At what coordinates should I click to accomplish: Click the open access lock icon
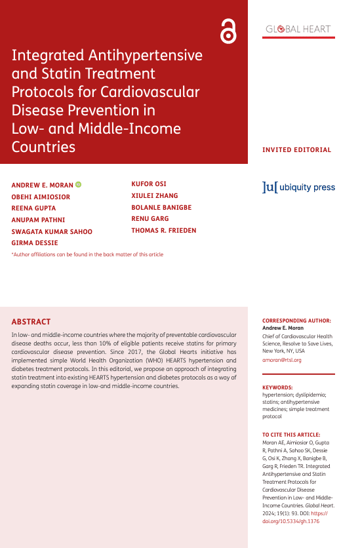tap(228, 30)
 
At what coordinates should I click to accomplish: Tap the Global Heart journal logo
tap(298, 29)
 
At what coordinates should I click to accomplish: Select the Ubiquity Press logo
tap(298, 187)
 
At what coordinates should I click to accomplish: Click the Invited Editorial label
tap(297, 149)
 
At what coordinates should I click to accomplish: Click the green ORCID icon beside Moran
tap(79, 185)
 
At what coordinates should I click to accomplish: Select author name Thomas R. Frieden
tap(164, 231)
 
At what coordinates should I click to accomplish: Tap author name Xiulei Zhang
tap(155, 196)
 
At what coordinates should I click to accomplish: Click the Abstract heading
tap(31, 322)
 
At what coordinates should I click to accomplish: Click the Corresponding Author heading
tap(296, 321)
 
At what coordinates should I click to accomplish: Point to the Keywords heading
tap(277, 387)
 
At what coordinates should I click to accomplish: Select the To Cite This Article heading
tap(291, 435)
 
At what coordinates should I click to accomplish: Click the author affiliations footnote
tap(87, 254)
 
